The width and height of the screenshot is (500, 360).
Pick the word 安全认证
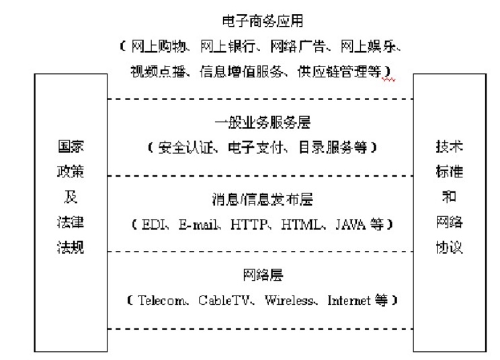[182, 147]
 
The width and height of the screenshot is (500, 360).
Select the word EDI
[152, 224]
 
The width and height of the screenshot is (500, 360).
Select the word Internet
[349, 300]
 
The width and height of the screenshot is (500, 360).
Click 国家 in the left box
[70, 146]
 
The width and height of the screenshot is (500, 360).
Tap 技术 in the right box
[449, 146]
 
